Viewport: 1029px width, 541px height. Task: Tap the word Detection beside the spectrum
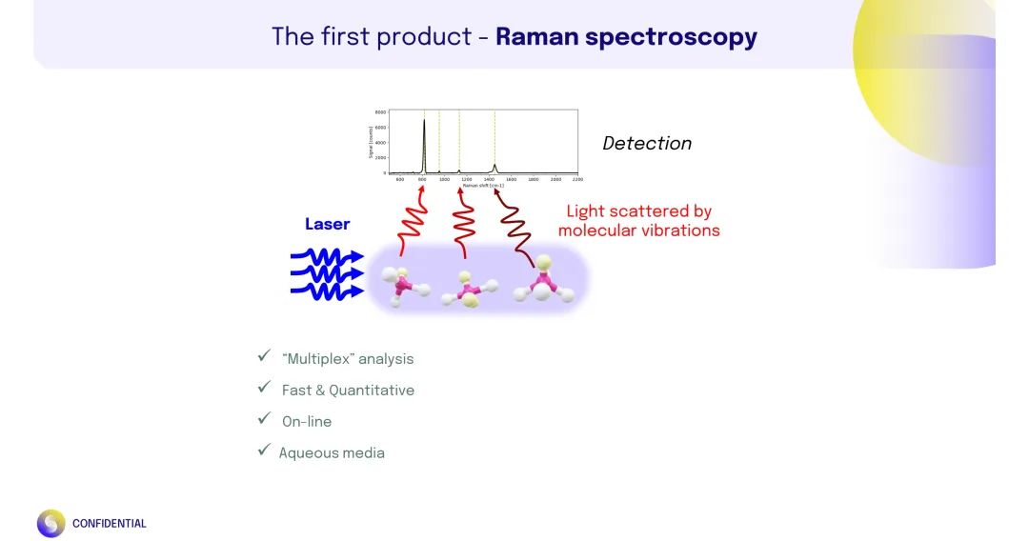click(x=647, y=144)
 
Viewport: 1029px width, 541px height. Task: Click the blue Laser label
click(x=327, y=225)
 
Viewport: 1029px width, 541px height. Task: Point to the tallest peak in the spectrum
click(x=424, y=122)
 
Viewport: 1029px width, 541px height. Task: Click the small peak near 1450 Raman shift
click(x=494, y=168)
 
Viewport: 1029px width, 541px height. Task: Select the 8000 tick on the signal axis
click(x=381, y=112)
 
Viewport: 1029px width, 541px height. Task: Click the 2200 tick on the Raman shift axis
click(x=576, y=179)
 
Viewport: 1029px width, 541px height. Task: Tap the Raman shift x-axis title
click(x=483, y=185)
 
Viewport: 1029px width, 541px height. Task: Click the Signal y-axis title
click(x=371, y=143)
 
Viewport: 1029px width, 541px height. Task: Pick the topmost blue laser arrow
click(x=327, y=256)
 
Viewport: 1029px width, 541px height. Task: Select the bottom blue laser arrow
click(x=327, y=291)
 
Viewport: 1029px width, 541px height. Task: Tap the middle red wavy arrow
click(x=464, y=229)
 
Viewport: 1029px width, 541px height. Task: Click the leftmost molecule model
click(x=405, y=283)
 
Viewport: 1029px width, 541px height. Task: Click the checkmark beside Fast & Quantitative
click(x=264, y=388)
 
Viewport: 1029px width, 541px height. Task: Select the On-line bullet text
click(x=307, y=421)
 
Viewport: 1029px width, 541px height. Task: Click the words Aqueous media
click(x=332, y=453)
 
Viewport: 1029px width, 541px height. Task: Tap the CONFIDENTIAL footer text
click(x=110, y=524)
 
